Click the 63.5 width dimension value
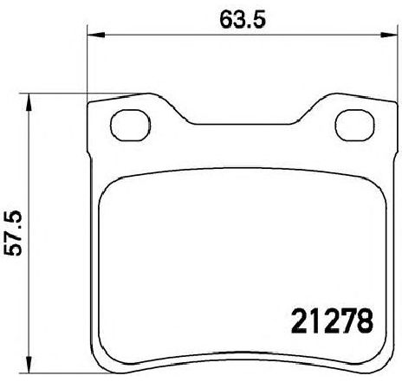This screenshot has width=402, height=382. point(243,20)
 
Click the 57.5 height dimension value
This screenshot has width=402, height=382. point(13,233)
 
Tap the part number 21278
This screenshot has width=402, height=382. point(332,320)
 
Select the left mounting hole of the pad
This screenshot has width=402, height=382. point(131,126)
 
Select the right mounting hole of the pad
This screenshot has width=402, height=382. point(355,126)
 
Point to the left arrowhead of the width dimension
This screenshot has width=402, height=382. point(95,36)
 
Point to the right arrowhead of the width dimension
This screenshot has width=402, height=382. point(389,36)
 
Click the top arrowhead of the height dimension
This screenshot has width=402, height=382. point(29,102)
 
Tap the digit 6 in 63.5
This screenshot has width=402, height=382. point(226,20)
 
